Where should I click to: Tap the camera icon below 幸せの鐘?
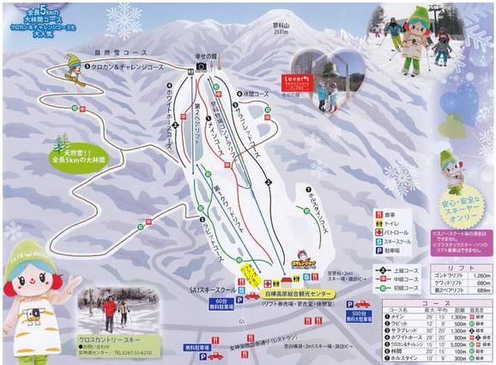pyautogui.click(x=200, y=65)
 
